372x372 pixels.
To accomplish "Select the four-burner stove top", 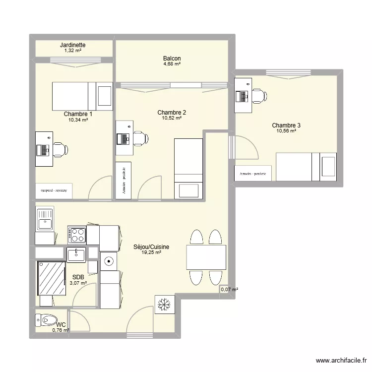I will tap(76, 234).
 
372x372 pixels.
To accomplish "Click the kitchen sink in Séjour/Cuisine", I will tap(44, 219).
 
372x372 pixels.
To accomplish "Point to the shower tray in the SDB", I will tap(52, 278).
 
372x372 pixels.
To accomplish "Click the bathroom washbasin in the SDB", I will tap(76, 254).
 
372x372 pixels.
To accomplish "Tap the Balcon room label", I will tap(172, 59).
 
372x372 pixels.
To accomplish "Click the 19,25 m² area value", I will tap(151, 252).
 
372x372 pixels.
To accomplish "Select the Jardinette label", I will tap(72, 45).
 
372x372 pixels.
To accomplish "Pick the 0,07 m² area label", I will tap(229, 289).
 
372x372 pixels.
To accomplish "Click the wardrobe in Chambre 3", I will tap(253, 174).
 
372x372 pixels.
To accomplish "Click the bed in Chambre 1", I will tap(82, 96).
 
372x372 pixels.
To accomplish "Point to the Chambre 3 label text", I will tap(286, 125).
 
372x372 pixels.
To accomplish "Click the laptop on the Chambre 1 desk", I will tap(42, 149).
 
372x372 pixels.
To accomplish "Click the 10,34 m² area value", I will tap(78, 120).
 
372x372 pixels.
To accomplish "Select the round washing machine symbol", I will tap(109, 260).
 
